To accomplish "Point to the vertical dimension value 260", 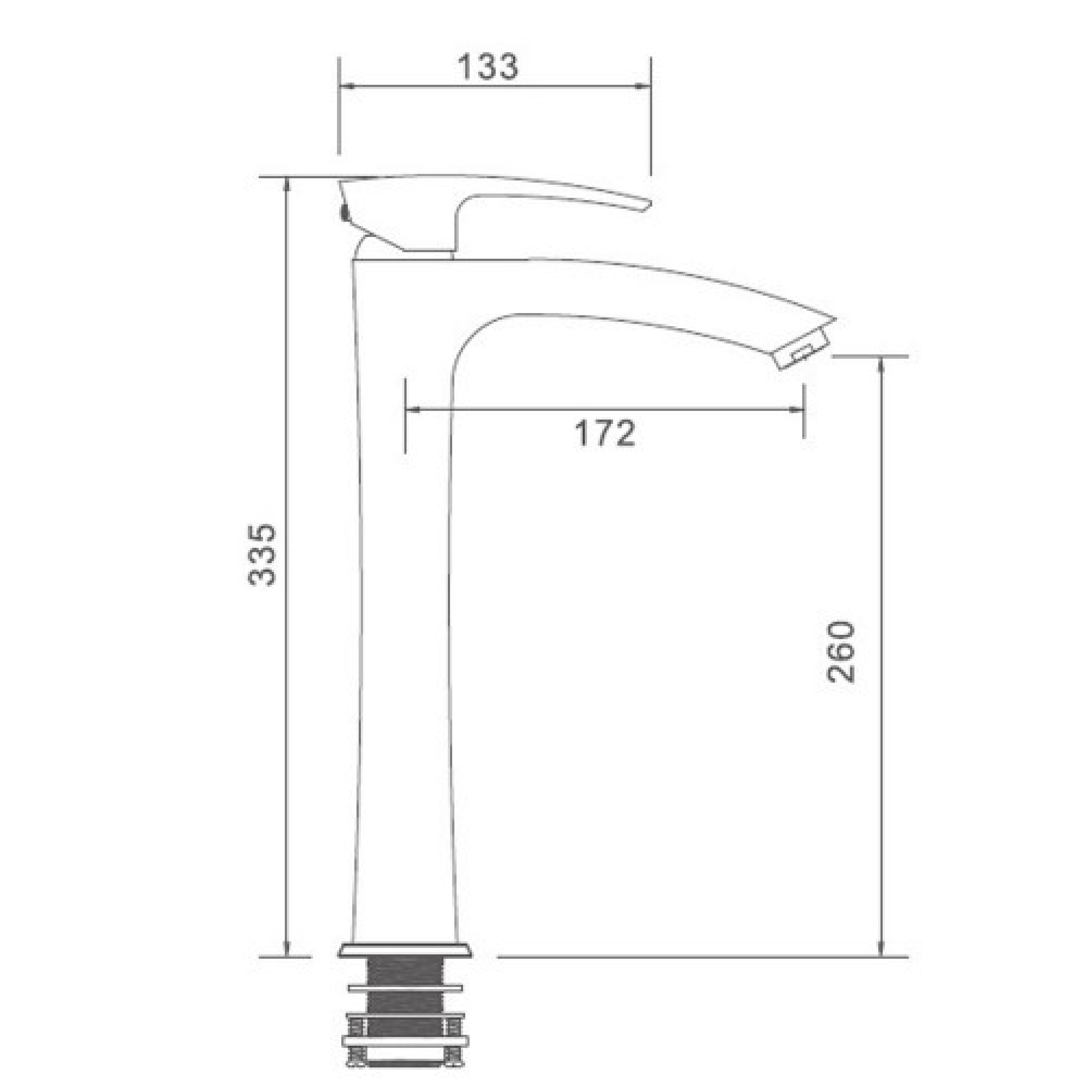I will [841, 652].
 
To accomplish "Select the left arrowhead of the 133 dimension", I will [346, 86].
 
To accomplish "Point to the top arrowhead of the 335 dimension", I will [287, 186].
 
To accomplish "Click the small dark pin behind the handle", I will [341, 214].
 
